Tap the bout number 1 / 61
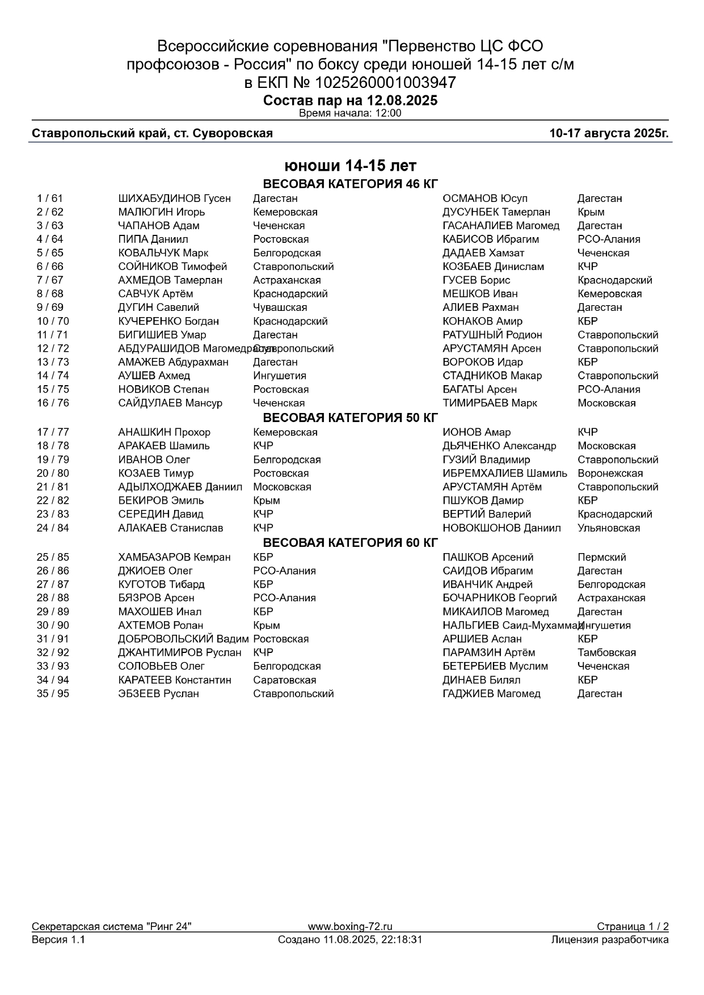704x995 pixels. pyautogui.click(x=50, y=199)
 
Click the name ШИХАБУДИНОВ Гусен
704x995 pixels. pyautogui.click(x=174, y=199)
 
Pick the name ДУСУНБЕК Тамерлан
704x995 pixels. pyautogui.click(x=496, y=212)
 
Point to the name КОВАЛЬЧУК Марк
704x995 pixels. pyautogui.click(x=163, y=253)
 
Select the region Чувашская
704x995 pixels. pyautogui.click(x=280, y=307)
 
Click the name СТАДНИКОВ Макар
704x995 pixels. pyautogui.click(x=492, y=376)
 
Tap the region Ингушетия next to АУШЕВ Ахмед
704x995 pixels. pyautogui.click(x=279, y=376)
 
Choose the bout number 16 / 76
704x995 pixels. pyautogui.click(x=53, y=403)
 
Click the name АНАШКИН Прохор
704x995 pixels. pyautogui.click(x=164, y=432)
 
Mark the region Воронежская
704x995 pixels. pyautogui.click(x=610, y=473)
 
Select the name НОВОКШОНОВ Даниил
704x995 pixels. pyautogui.click(x=501, y=528)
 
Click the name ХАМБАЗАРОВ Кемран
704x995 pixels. pyautogui.click(x=174, y=557)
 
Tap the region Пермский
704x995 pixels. pyautogui.click(x=601, y=557)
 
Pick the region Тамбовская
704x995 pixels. pyautogui.click(x=606, y=652)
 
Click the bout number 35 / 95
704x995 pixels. pyautogui.click(x=53, y=694)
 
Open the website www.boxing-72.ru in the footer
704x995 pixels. pyautogui.click(x=350, y=926)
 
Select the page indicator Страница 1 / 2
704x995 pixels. pyautogui.click(x=632, y=926)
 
